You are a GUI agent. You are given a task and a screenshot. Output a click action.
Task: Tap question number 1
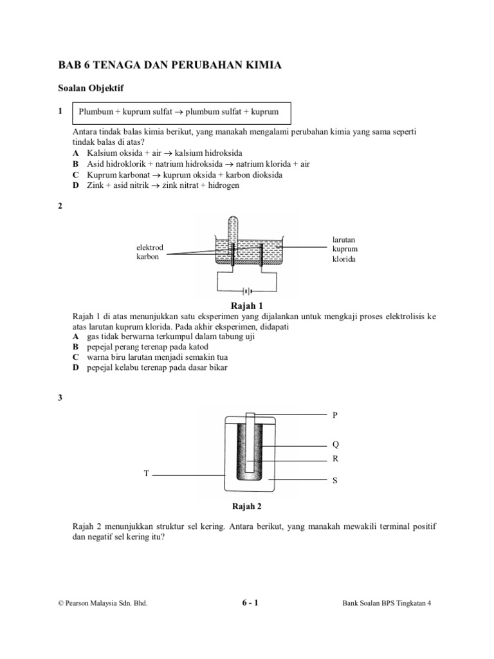[x=60, y=111]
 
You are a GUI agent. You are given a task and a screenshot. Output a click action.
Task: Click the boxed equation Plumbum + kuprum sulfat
[x=178, y=112]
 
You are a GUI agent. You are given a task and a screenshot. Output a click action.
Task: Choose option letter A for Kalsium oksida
[x=75, y=153]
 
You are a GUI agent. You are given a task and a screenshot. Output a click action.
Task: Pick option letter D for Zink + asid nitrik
[x=75, y=185]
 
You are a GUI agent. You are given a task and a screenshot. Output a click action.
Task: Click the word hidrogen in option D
[x=221, y=185]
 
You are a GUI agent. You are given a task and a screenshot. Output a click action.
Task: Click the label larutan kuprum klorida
[x=344, y=249]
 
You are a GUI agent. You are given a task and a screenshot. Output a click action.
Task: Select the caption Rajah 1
[x=247, y=306]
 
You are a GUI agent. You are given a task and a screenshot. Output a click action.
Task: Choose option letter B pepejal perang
[x=75, y=346]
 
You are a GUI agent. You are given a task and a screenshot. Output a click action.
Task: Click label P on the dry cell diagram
[x=334, y=415]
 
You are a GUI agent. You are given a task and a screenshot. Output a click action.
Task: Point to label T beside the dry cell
[x=146, y=474]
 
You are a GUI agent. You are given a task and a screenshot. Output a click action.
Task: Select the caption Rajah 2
[x=247, y=506]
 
